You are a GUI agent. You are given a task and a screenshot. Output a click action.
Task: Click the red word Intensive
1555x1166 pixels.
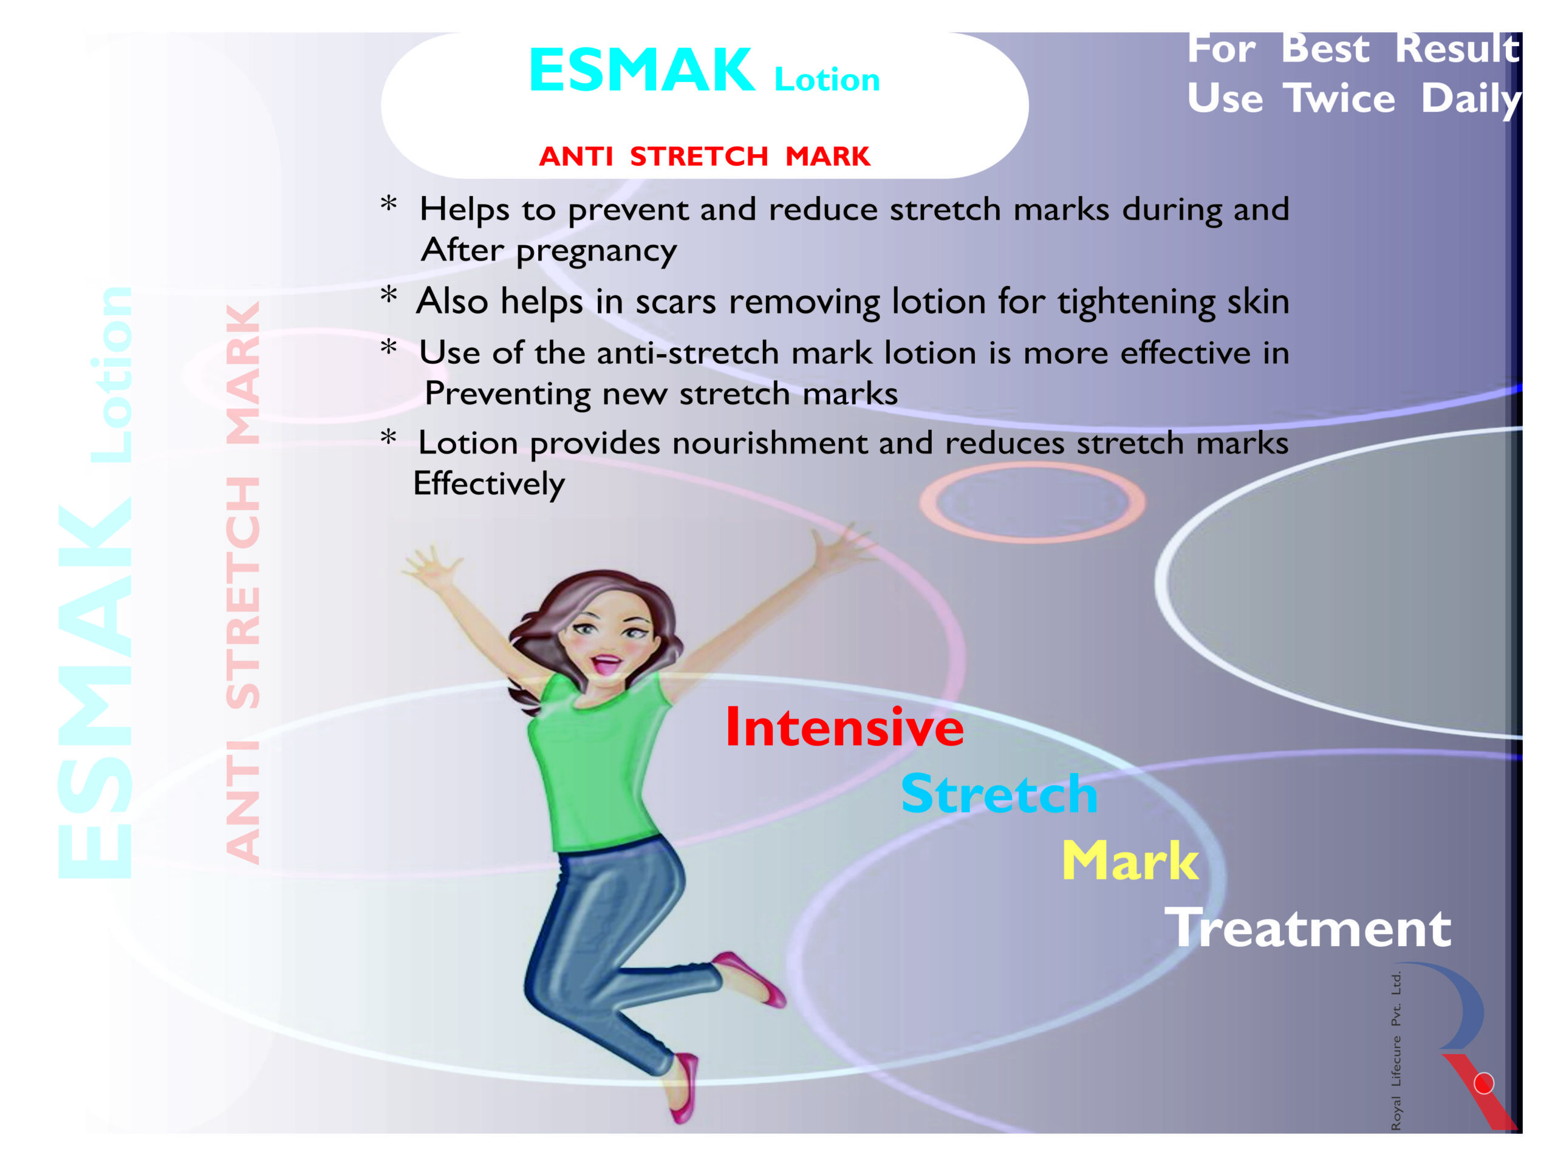pos(844,727)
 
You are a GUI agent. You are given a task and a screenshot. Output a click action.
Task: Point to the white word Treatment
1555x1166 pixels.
pos(1308,927)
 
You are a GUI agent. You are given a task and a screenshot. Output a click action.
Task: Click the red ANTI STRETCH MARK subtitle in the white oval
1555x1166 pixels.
pos(705,156)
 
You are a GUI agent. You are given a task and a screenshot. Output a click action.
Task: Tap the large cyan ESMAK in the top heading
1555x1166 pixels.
pos(642,70)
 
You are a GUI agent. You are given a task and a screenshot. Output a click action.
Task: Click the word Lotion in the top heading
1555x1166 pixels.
pos(827,80)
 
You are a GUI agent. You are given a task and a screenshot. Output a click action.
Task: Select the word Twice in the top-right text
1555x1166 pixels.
pos(1339,98)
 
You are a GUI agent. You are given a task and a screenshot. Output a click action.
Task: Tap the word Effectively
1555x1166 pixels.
pos(488,484)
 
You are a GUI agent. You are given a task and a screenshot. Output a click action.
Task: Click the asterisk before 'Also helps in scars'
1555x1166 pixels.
pos(389,295)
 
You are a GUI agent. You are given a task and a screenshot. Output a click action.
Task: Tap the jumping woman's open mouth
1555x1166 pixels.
pos(606,664)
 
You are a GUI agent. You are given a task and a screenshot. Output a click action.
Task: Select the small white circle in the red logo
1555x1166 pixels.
pos(1484,1083)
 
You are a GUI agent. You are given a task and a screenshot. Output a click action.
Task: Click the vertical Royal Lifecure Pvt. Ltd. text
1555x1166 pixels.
pos(1396,1051)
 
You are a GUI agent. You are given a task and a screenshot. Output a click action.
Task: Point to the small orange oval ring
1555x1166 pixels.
pos(1033,502)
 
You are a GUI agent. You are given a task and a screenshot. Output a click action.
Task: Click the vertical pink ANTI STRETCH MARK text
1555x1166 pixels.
pos(243,582)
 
